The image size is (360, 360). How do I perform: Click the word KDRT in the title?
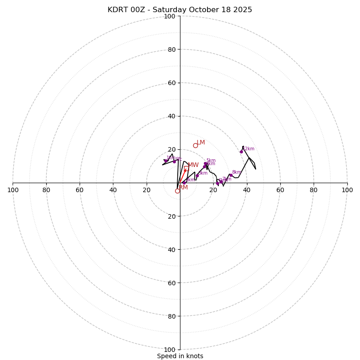click(x=117, y=10)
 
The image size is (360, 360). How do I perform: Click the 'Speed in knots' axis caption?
click(x=180, y=356)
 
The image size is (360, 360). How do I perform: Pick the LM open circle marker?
click(x=195, y=145)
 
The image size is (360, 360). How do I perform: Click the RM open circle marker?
click(x=177, y=191)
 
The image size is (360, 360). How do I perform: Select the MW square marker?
click(x=186, y=168)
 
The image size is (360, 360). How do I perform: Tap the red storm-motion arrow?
click(x=182, y=176)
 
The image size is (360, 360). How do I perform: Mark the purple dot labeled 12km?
click(x=241, y=152)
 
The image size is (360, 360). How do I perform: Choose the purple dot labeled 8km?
click(x=230, y=175)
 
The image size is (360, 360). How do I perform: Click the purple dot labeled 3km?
click(x=197, y=175)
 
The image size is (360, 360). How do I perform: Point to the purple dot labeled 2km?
click(x=184, y=183)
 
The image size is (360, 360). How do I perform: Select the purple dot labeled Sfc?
click(x=174, y=162)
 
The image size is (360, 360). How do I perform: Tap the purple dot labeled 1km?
click(x=165, y=161)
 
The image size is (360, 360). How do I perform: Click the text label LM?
click(x=201, y=143)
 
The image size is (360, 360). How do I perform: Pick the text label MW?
click(x=193, y=165)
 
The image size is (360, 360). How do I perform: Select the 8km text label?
click(x=237, y=172)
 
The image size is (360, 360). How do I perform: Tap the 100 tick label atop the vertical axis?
click(x=169, y=16)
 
